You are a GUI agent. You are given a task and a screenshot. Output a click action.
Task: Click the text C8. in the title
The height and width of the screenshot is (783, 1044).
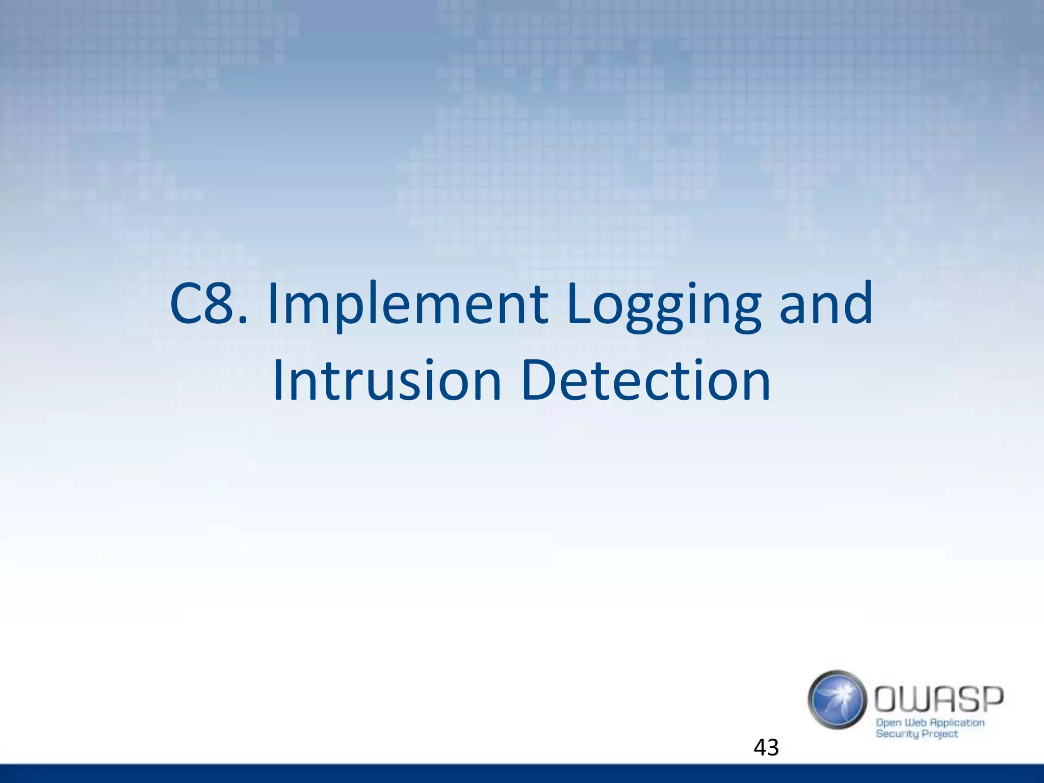pyautogui.click(x=209, y=305)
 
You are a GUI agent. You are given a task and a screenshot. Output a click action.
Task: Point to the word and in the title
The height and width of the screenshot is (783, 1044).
pyautogui.click(x=826, y=305)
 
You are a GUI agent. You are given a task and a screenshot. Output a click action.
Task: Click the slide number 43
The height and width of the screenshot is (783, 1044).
pyautogui.click(x=766, y=748)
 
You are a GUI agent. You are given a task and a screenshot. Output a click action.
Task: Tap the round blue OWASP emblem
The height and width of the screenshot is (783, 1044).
pyautogui.click(x=837, y=699)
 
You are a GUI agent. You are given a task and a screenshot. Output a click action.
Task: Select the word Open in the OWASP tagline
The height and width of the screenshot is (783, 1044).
pyautogui.click(x=888, y=723)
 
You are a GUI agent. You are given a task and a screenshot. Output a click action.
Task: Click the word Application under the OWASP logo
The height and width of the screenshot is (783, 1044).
pyautogui.click(x=957, y=723)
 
